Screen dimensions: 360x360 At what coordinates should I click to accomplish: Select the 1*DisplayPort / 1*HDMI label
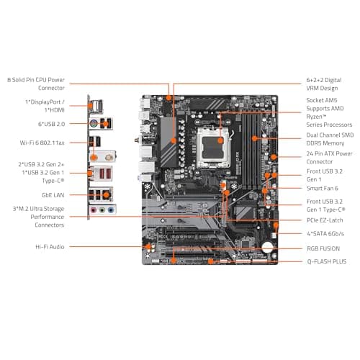point(46,106)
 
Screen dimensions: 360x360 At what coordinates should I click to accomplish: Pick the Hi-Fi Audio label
point(51,247)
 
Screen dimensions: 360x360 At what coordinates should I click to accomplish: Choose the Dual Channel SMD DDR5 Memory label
point(329,139)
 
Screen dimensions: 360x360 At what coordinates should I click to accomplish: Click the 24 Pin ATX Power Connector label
point(329,158)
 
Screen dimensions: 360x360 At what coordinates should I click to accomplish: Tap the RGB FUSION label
point(323,248)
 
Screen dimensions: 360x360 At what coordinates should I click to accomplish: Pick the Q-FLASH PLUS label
point(326,261)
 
